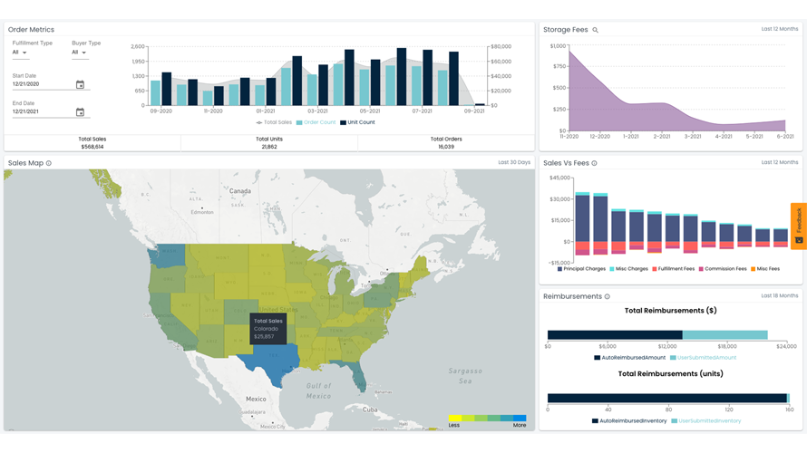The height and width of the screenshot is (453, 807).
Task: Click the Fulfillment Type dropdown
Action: [19, 53]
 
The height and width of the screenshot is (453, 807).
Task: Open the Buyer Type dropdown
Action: [79, 53]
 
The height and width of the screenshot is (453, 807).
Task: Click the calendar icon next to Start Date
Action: [80, 84]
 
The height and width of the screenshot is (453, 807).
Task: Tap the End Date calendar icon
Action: [80, 112]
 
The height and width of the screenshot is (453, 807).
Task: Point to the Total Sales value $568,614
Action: [92, 146]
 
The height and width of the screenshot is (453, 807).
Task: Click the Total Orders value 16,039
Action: [445, 146]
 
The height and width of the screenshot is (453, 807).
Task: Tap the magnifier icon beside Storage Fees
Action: [596, 30]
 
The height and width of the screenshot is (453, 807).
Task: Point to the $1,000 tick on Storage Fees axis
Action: [557, 46]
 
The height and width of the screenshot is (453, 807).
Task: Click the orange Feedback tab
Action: [798, 226]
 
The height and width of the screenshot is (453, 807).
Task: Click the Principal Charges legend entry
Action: [581, 269]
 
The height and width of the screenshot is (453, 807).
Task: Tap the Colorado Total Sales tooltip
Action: [268, 329]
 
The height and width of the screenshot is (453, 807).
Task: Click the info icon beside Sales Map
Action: [49, 163]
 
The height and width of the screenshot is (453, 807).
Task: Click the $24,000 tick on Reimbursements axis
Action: [786, 346]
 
